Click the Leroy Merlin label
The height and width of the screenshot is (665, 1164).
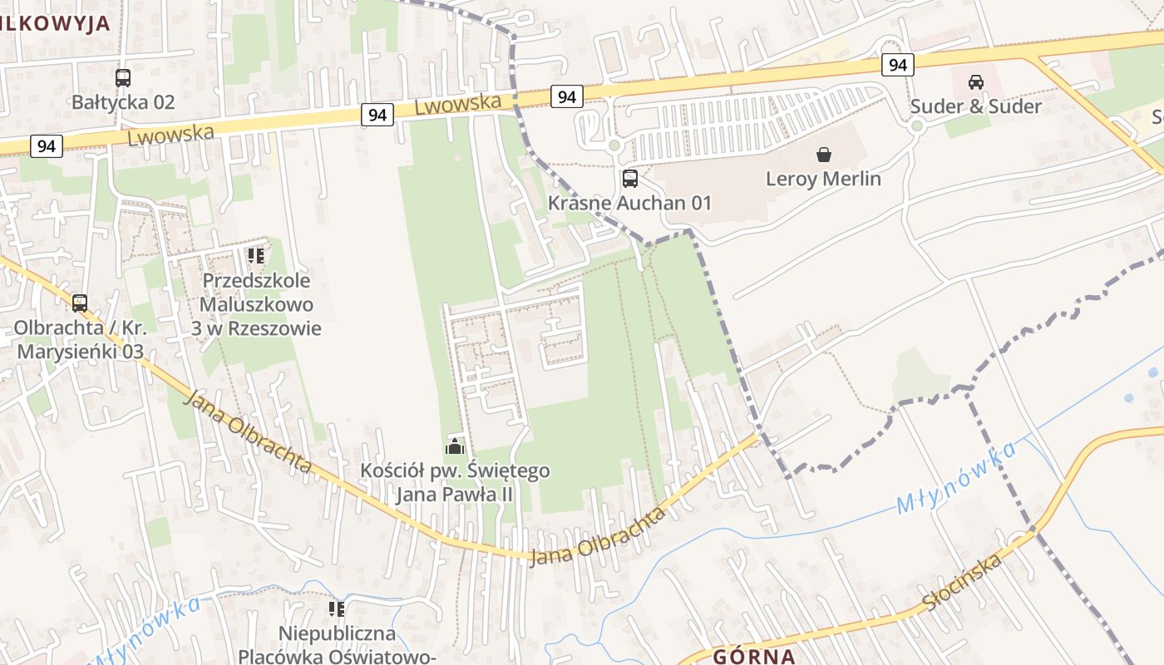point(822,179)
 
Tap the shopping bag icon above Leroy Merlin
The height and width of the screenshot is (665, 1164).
point(823,155)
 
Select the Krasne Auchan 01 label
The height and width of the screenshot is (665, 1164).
point(629,203)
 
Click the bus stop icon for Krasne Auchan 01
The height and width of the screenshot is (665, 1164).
point(630,178)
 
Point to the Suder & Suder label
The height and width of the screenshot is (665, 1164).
point(975,106)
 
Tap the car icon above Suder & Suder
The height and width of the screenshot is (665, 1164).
point(975,81)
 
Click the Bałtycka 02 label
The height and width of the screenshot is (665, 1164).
point(123,102)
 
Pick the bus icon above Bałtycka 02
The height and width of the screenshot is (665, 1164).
point(123,78)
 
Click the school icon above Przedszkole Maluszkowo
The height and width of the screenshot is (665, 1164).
point(255,256)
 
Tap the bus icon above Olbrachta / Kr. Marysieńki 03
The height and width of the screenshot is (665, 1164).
point(80,303)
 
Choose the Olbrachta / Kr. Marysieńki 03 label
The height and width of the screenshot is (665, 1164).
point(80,339)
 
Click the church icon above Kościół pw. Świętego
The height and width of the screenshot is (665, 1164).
point(455,446)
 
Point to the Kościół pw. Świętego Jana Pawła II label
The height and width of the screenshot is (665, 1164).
point(455,483)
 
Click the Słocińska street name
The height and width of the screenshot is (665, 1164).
point(962,583)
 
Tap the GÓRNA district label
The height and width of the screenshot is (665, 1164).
point(753,656)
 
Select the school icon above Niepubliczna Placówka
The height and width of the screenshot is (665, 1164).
point(337,609)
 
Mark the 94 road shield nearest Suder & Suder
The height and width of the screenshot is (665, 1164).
point(897,65)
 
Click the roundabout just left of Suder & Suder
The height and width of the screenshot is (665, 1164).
point(917,126)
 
